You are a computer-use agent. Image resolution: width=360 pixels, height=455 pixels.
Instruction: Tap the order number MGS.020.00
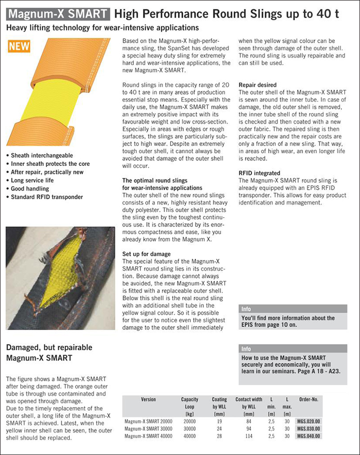[x=309, y=422]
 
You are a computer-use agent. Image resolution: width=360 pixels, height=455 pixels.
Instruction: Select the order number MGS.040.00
[x=309, y=436]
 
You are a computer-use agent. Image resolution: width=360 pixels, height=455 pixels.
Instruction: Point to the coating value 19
[x=219, y=422]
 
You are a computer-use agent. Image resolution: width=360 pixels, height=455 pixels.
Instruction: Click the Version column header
[x=148, y=399]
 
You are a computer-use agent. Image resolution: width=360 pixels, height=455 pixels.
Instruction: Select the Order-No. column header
[x=308, y=399]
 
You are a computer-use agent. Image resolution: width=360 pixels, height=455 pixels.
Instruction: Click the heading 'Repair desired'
[x=257, y=85]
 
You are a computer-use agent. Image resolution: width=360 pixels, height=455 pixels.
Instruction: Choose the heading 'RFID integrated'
[x=259, y=173]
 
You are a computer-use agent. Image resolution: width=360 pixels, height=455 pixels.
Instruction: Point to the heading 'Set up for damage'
[x=146, y=254]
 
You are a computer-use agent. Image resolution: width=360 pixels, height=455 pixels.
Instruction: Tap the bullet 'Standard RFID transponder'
[x=46, y=196]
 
